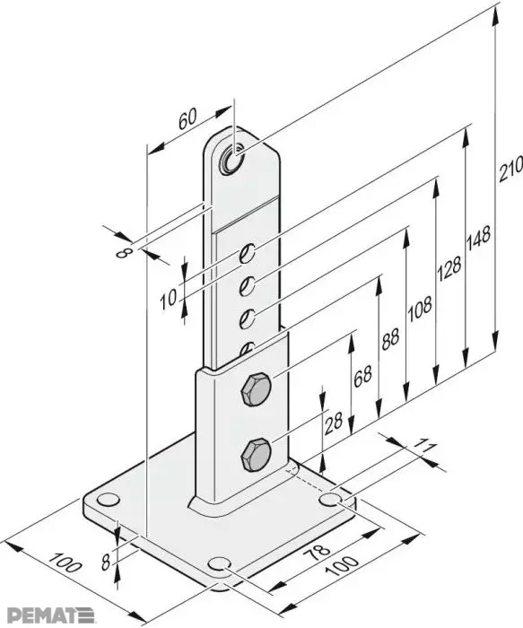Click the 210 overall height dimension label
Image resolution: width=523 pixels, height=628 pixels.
point(510,169)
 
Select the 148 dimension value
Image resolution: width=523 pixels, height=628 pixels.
point(478,240)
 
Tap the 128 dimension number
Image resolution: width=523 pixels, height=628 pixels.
point(449,267)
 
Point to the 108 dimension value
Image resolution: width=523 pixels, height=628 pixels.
point(420,309)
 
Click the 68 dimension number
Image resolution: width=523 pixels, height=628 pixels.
point(362,376)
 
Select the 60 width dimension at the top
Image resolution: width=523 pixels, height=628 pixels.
point(187,119)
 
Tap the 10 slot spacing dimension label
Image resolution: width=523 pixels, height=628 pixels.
point(169,299)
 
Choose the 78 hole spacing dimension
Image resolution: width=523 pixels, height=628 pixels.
point(317,554)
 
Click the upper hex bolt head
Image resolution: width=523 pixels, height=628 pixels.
point(256,389)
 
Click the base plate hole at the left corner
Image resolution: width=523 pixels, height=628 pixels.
point(109,500)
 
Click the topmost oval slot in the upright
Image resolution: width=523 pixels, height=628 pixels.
point(247,253)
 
